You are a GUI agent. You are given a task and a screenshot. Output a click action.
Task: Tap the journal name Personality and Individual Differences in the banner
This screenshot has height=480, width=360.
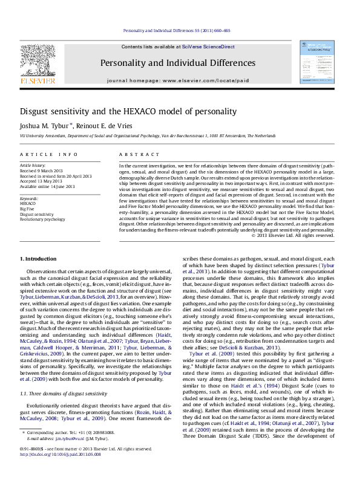[x=186, y=63]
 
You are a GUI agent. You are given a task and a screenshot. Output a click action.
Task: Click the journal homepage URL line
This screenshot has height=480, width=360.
[x=185, y=80]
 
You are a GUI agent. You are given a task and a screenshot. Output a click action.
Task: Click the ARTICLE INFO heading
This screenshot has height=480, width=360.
[x=49, y=155]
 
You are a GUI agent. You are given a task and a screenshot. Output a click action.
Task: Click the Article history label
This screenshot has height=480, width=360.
[x=32, y=165]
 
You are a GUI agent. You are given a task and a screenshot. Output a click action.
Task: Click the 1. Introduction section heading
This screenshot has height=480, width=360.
[x=39, y=259]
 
